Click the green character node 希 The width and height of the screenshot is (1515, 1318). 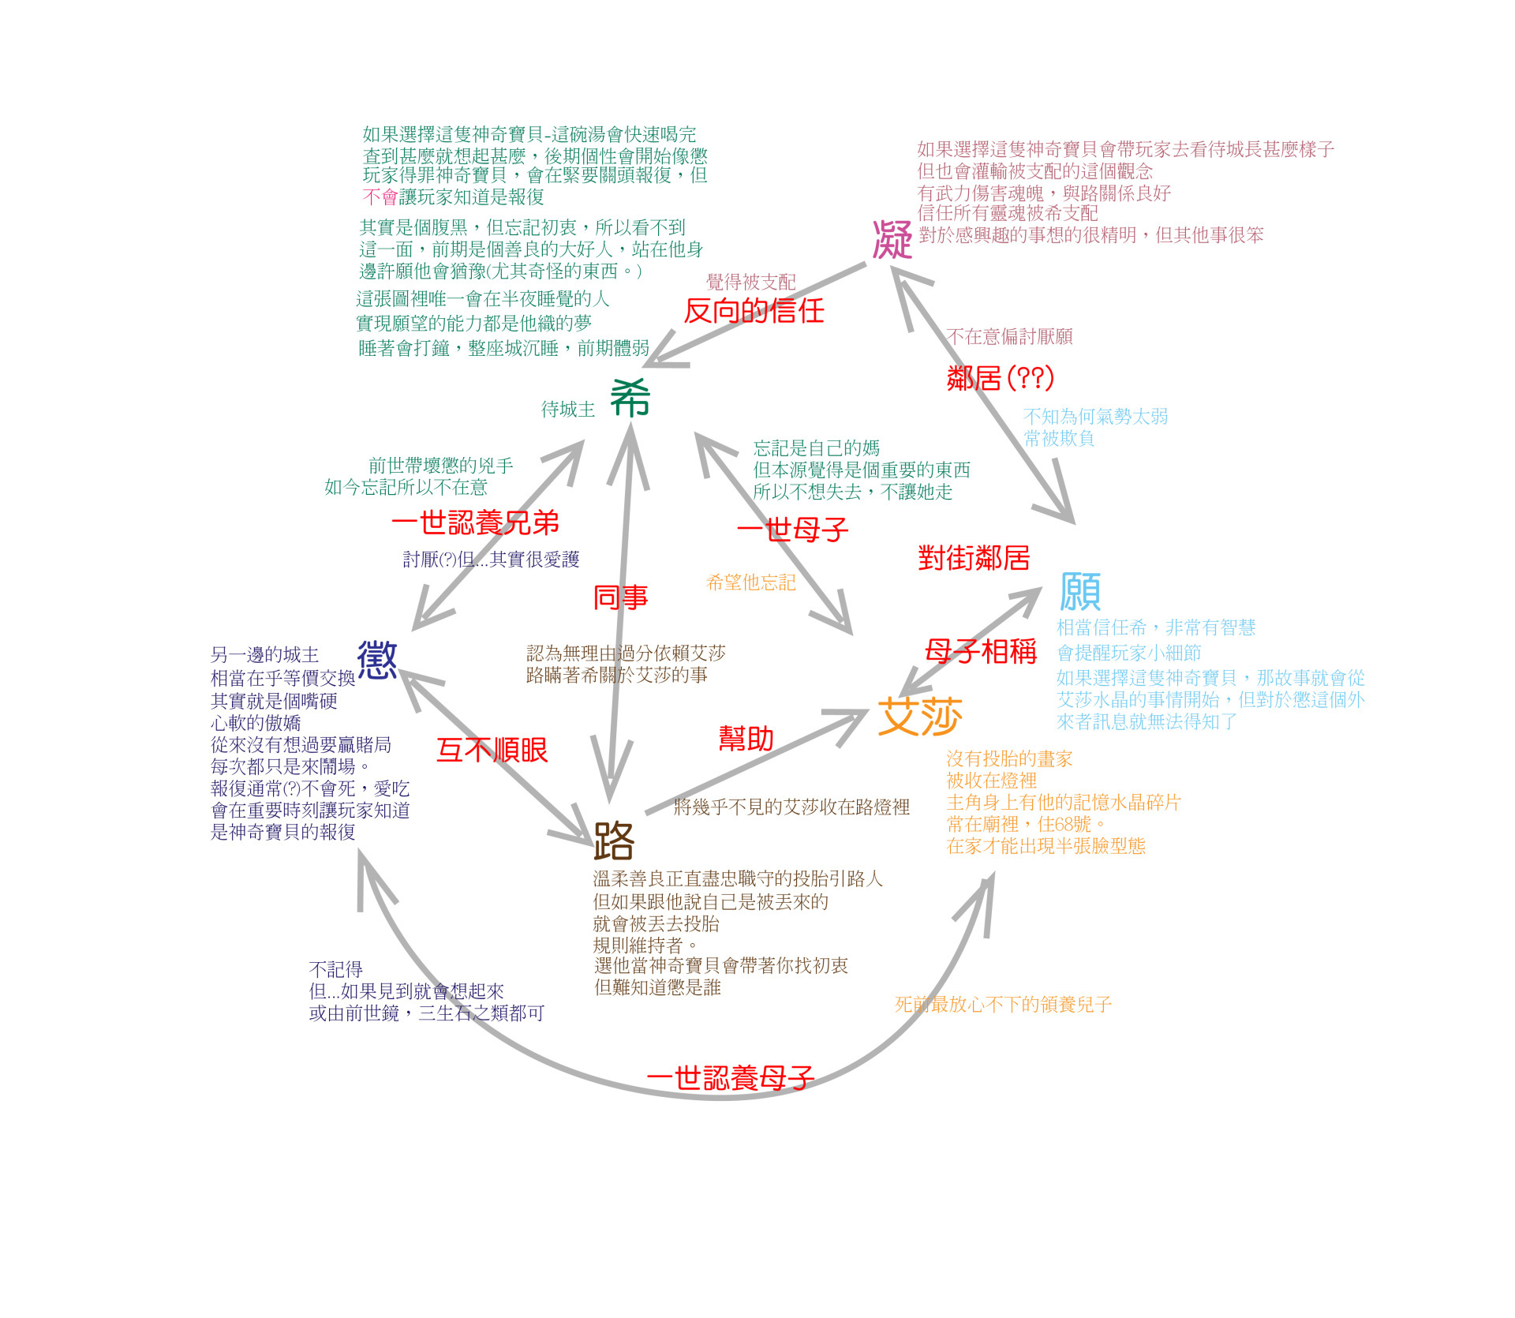tap(630, 398)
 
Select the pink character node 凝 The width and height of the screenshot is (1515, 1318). tap(892, 240)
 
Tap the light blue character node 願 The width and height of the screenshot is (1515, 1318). tap(1079, 592)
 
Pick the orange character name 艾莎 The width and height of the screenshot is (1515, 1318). tap(920, 717)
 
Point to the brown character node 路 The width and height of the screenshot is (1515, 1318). tap(614, 841)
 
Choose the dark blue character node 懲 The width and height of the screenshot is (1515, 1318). tap(377, 660)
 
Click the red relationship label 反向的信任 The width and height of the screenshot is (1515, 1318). tap(754, 311)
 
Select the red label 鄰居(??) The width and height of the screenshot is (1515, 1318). tap(1000, 378)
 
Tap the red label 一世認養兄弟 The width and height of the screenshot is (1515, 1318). tap(475, 522)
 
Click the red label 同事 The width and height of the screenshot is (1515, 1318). tap(620, 597)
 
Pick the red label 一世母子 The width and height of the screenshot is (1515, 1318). tap(792, 529)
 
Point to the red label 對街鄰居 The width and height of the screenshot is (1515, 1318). tap(974, 558)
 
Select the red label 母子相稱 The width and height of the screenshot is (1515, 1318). tap(980, 651)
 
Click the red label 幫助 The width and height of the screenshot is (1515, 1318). tap(746, 739)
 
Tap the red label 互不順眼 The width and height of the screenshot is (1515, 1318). tap(492, 750)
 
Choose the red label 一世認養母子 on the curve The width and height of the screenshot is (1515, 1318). tap(730, 1077)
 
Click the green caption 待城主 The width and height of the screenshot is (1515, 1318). tap(567, 409)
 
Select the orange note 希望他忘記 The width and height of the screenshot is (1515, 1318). tap(750, 582)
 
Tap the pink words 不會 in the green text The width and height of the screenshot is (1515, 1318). tap(380, 197)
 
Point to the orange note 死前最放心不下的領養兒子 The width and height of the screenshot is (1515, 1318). tap(1003, 1005)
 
